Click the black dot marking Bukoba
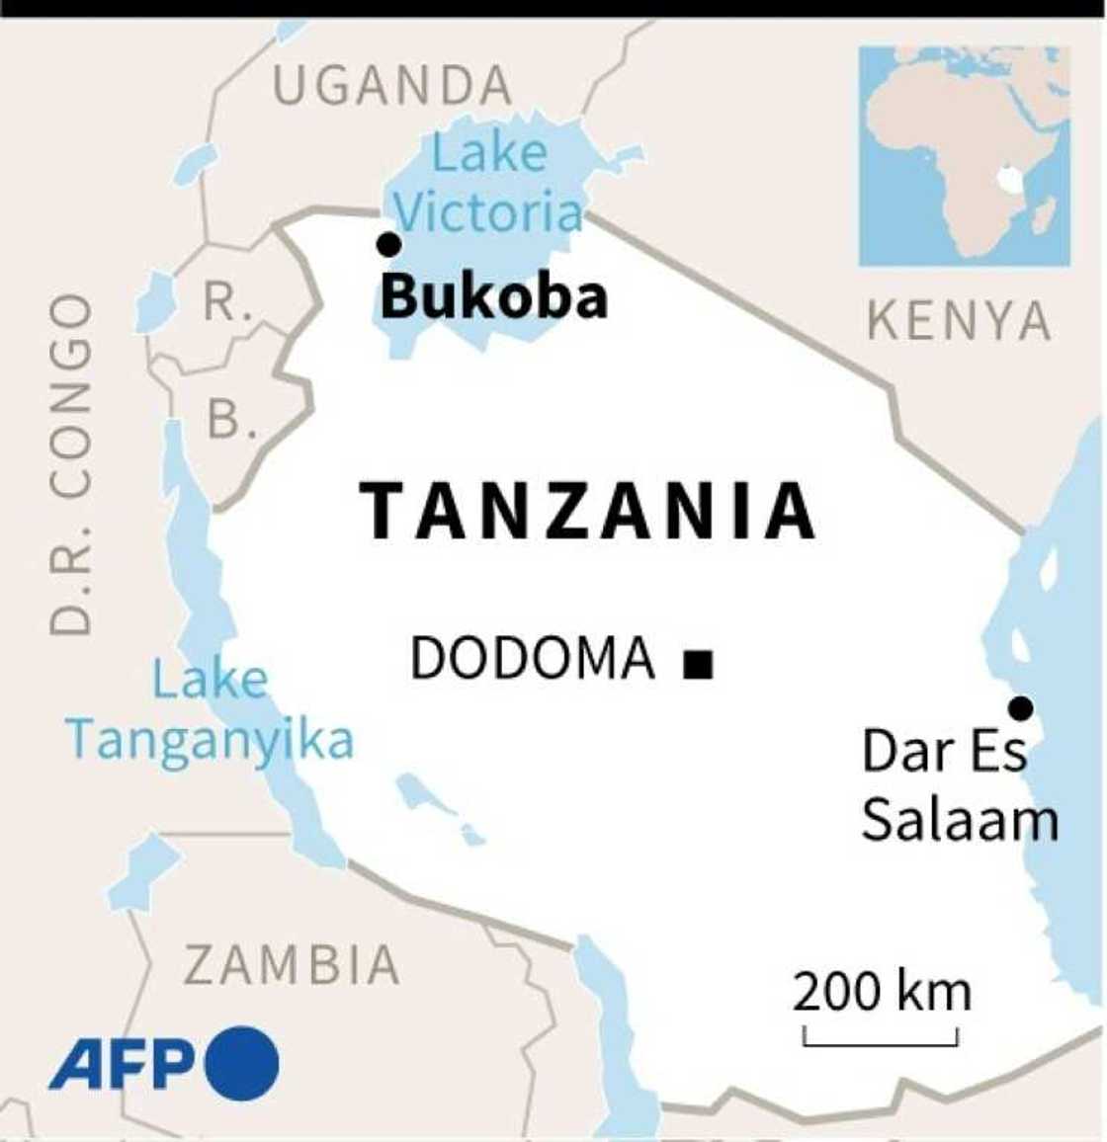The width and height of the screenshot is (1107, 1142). pos(389,244)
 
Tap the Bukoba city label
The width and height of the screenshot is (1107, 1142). pos(493,296)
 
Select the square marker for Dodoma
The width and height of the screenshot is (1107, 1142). pos(699,665)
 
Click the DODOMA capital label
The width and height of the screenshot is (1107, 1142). pos(533,659)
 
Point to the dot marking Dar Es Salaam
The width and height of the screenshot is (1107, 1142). pos(1020,708)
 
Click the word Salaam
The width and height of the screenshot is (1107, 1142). pos(959,820)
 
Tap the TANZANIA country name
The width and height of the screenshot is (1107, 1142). pos(588,512)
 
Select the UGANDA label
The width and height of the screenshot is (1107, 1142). pos(392,87)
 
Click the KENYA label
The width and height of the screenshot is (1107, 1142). pos(959,322)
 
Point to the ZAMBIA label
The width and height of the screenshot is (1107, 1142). pos(293,965)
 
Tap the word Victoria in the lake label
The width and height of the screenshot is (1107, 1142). pos(489,212)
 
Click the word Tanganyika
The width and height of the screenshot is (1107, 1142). pos(210,740)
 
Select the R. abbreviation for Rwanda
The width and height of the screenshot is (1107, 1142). pos(227,302)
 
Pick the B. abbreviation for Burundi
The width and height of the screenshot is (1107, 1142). pos(231,421)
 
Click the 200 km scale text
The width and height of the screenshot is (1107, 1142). pos(882,992)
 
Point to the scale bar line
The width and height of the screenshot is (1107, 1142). pos(881,1042)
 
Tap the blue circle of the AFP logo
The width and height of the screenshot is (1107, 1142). pos(242,1064)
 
